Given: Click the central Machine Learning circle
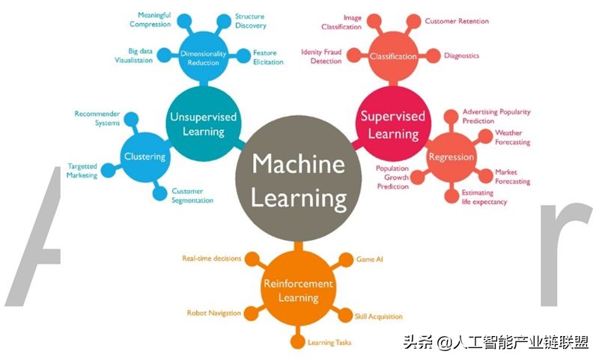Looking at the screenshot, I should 298,180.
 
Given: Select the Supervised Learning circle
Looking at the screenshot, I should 393,124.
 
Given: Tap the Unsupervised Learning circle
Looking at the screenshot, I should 203,124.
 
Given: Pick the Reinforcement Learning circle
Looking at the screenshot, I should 298,290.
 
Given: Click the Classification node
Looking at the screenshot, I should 393,56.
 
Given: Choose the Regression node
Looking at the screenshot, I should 451,157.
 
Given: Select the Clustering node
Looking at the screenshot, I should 145,156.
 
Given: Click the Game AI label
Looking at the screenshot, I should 368,259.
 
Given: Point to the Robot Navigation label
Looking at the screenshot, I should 213,313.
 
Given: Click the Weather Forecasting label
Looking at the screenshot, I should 513,137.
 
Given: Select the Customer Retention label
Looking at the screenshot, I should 457,22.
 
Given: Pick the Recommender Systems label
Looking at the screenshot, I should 97,118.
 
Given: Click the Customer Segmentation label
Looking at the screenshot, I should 192,196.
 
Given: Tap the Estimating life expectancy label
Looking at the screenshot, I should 484,197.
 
